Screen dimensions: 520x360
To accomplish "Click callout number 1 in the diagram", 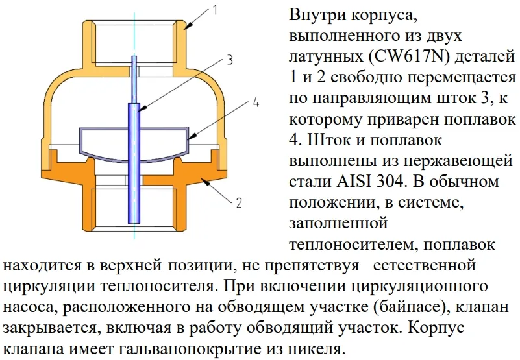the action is coord(216,10).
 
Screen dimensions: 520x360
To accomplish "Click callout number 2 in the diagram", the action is coord(239,202).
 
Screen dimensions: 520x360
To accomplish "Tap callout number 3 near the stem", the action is coord(230,60).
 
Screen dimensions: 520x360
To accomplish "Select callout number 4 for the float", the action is coord(256,102).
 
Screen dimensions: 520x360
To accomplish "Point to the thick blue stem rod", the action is coord(134,163).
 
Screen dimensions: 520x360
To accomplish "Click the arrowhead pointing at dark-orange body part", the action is coord(206,182).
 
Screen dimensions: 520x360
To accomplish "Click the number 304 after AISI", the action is coord(391,182).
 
